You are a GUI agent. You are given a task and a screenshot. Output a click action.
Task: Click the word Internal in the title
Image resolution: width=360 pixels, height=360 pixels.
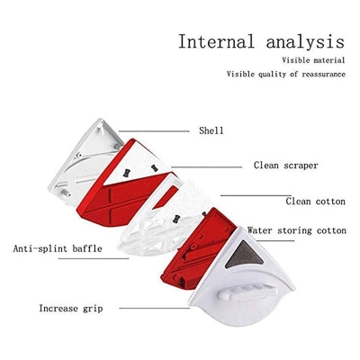tap(216, 41)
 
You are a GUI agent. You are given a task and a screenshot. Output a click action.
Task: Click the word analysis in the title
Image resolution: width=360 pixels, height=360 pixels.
tap(305, 42)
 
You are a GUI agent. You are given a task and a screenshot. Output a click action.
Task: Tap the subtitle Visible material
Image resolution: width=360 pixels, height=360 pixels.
tap(313, 60)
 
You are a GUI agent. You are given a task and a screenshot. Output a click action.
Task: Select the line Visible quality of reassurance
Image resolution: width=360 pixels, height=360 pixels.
tap(286, 74)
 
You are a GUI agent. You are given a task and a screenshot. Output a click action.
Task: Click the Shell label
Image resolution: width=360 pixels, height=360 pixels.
tap(211, 130)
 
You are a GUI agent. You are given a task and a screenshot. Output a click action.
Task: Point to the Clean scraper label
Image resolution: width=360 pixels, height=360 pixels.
tap(285, 166)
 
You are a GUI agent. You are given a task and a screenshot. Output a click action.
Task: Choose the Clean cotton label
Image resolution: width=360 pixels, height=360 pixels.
tap(315, 201)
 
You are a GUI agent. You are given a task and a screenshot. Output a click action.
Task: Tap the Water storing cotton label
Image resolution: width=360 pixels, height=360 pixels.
tap(297, 230)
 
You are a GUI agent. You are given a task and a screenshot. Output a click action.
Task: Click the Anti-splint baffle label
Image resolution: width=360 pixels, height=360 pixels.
tap(58, 248)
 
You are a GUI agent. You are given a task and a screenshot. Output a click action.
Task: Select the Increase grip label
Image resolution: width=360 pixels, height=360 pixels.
tap(71, 309)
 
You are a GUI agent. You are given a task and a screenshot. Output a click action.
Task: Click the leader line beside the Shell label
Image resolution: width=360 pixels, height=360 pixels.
tap(154, 131)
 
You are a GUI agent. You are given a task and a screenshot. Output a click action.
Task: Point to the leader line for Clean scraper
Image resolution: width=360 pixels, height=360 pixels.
tap(207, 167)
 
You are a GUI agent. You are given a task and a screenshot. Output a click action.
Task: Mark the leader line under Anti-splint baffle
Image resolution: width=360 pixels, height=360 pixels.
tap(94, 258)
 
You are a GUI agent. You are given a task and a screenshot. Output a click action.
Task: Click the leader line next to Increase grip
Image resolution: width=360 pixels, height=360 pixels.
tap(154, 308)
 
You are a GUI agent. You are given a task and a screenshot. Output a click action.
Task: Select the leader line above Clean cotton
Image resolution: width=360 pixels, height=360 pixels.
tap(256, 195)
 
